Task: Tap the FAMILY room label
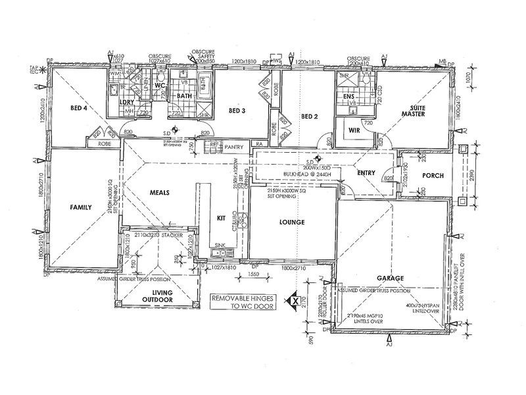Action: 84,207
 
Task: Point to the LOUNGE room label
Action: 292,222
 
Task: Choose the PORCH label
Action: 433,175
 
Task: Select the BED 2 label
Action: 310,117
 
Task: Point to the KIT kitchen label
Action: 221,218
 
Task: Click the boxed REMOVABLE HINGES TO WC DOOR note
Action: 243,302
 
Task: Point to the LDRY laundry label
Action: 127,102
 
